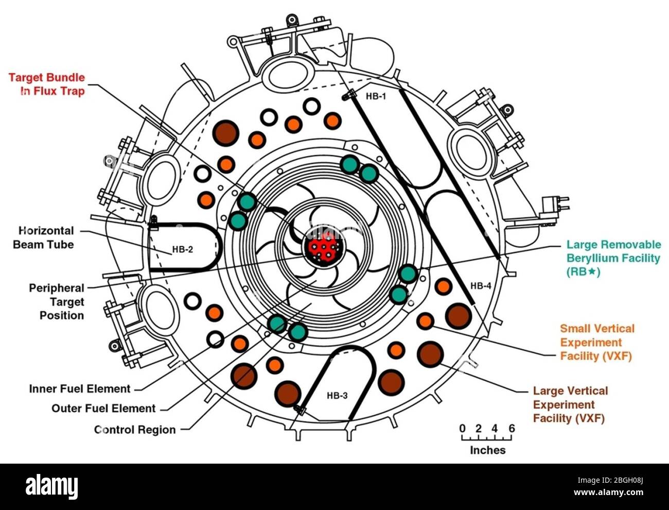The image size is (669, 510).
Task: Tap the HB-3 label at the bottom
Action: tap(337, 396)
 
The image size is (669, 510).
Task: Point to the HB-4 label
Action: tap(480, 286)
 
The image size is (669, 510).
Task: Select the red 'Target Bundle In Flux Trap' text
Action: tap(47, 84)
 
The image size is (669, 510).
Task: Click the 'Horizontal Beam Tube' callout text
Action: tap(43, 237)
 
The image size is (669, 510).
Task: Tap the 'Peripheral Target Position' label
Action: tap(56, 301)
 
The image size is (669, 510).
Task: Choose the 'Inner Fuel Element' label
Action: tap(80, 388)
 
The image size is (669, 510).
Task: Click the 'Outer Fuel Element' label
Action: tap(103, 409)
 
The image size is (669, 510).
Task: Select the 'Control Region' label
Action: tap(135, 430)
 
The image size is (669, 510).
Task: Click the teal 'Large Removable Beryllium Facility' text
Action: tap(613, 258)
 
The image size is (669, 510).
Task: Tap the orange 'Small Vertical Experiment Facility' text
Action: tap(597, 342)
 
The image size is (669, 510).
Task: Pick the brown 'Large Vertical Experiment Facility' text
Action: tap(570, 404)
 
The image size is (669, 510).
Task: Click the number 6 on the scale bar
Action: tap(512, 428)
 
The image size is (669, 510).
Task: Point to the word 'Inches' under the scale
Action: tap(487, 450)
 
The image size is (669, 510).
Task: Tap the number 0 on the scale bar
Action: tap(462, 428)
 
